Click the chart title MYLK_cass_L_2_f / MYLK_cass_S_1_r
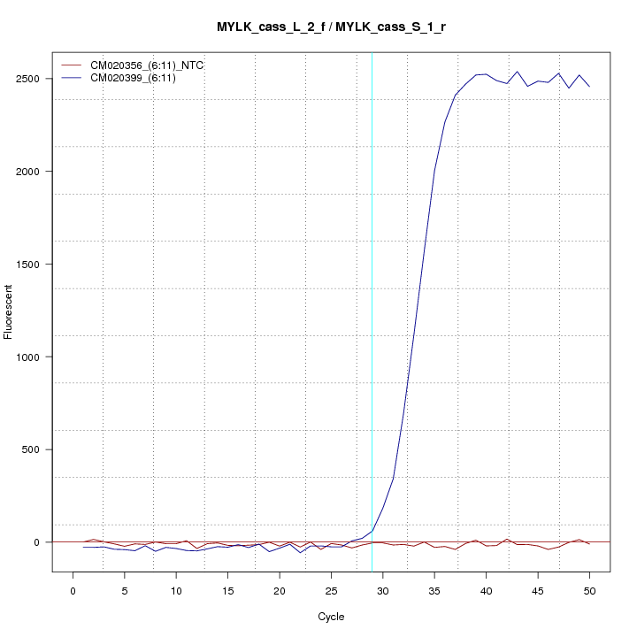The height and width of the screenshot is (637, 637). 331,27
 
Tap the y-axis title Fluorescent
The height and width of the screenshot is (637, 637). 9,311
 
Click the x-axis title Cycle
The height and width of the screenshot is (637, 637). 330,617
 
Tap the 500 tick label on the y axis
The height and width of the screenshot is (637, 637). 37,449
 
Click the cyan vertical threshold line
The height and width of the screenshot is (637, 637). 372,310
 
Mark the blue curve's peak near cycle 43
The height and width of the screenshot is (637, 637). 517,72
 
